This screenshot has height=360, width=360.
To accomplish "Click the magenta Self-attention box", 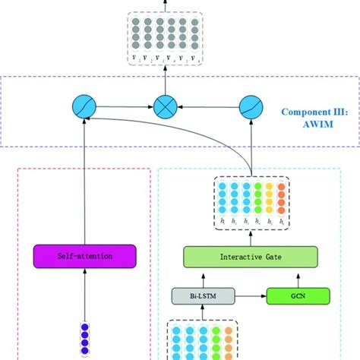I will [84, 256].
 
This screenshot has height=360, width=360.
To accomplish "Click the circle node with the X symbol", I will [164, 106].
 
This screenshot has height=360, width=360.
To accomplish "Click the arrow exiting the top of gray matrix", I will [163, 5].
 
